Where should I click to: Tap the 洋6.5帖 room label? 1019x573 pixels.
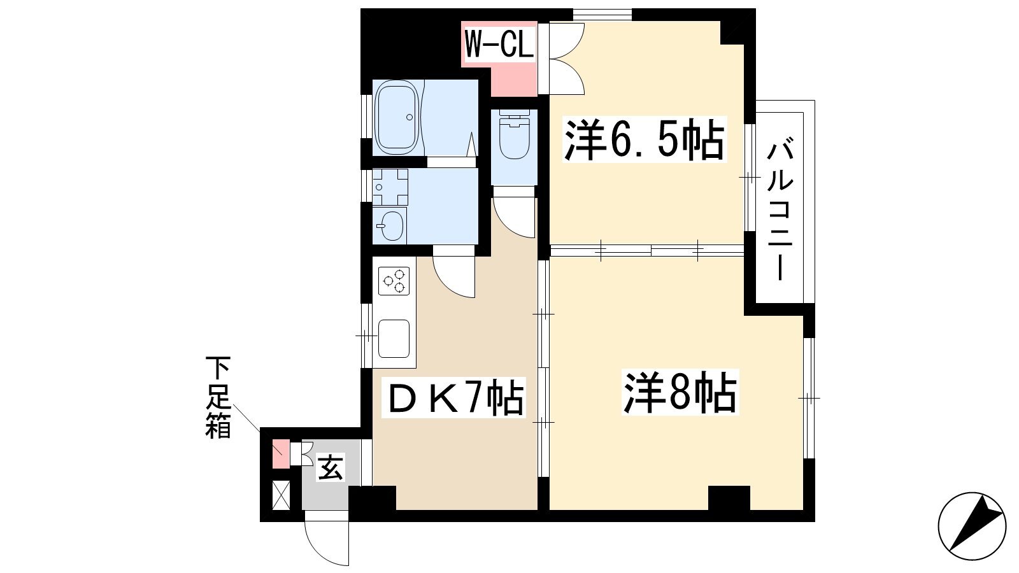pos(644,139)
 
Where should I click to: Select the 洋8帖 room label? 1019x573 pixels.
pos(680,392)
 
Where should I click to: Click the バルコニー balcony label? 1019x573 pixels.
pos(780,211)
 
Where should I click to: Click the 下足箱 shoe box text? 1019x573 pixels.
pos(218,397)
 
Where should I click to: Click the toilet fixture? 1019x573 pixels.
pos(515,134)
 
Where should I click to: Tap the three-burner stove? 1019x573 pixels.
pos(394,281)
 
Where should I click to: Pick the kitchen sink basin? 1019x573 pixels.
pos(394,339)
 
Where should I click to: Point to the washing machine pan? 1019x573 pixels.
pos(390,187)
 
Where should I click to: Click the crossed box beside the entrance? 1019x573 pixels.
pos(281,495)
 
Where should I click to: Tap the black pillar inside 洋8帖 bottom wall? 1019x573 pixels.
pos(729,498)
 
